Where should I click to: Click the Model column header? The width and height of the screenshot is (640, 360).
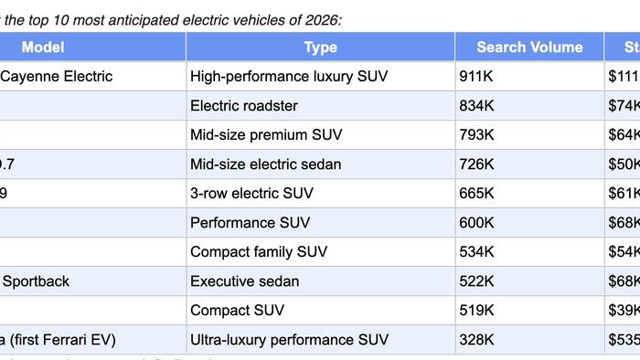43,47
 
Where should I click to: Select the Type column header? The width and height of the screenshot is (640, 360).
320,47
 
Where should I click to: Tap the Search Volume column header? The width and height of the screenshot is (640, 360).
528,47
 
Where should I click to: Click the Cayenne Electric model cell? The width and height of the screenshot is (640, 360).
57,76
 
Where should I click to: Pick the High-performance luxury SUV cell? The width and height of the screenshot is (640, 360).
289,76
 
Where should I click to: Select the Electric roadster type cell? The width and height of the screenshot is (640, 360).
244,105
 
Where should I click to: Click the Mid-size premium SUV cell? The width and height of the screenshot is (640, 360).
266,134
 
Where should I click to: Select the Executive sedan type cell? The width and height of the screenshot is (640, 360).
244,281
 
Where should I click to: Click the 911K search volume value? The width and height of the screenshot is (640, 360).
478,76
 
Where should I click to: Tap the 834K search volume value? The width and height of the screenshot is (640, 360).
478,105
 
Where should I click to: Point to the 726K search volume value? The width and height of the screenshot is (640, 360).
478,164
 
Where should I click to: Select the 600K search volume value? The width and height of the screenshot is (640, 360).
478,222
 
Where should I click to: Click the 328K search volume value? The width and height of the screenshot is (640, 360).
478,340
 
